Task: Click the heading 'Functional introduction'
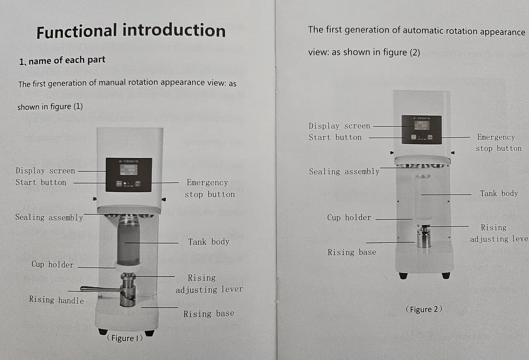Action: tap(131, 31)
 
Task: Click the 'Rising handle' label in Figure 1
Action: tap(56, 300)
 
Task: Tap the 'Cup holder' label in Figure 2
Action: tap(349, 217)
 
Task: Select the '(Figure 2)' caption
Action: tap(424, 309)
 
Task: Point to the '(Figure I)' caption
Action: tap(125, 338)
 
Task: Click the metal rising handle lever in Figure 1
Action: tap(99, 289)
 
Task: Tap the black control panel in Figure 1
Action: tap(129, 174)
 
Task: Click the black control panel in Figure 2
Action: tap(422, 129)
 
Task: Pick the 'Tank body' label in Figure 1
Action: tap(208, 242)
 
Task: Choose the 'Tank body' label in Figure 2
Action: tap(499, 193)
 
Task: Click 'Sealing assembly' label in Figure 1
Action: tap(49, 217)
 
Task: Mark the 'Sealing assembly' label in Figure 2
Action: tap(344, 172)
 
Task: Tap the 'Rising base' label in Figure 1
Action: tap(208, 314)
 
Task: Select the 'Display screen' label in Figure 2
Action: tap(339, 126)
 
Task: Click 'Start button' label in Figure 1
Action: tap(41, 182)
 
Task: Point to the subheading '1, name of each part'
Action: tap(62, 61)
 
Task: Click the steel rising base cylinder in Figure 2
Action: tap(424, 239)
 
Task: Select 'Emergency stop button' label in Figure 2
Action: tap(498, 143)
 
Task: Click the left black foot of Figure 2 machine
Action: tap(403, 276)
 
